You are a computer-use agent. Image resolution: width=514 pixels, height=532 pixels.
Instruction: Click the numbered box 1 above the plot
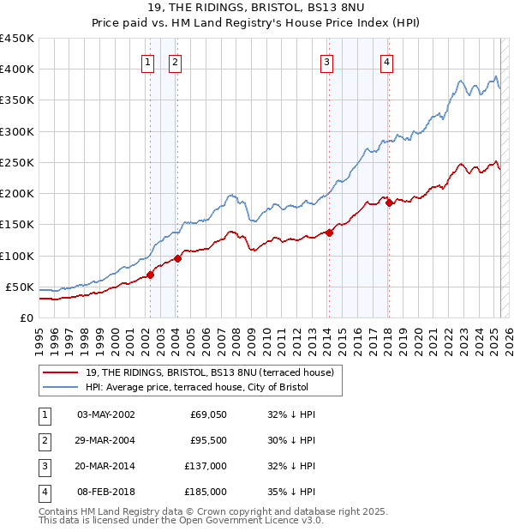(148, 61)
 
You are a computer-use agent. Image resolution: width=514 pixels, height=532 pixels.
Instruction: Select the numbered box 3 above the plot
(327, 61)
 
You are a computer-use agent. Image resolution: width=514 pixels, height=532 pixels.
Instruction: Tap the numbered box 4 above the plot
(387, 61)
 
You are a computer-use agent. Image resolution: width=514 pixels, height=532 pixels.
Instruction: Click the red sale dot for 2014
(329, 233)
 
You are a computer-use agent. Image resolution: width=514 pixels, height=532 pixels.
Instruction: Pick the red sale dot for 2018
(389, 203)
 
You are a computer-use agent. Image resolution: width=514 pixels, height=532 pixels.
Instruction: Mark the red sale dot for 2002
(150, 275)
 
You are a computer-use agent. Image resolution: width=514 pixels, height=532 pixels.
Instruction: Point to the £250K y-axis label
(16, 162)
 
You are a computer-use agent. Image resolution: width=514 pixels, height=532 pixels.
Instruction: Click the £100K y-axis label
(16, 256)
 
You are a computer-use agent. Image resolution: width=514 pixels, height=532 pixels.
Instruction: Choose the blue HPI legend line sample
(61, 387)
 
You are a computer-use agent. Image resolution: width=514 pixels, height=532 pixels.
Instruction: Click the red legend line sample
(61, 372)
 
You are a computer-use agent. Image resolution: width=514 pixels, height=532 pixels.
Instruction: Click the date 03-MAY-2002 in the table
(106, 414)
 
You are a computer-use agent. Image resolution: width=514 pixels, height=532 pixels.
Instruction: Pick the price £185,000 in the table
(206, 492)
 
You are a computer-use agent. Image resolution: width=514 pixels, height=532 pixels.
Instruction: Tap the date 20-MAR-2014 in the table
(106, 466)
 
